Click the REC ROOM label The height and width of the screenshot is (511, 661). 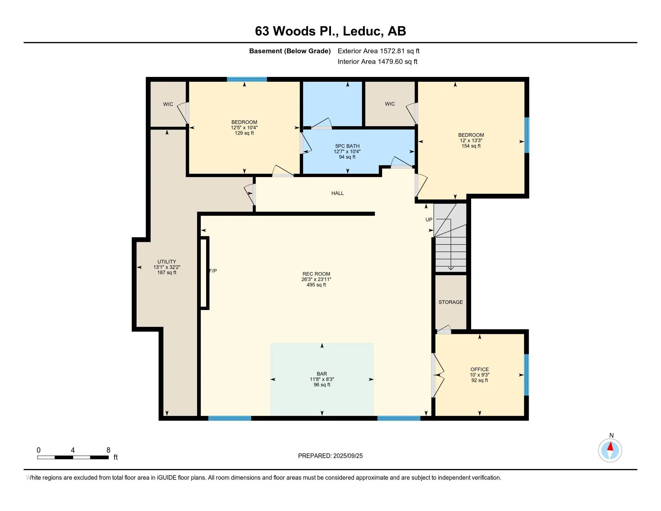(316, 274)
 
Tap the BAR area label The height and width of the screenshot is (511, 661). (322, 374)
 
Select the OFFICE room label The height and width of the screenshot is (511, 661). (480, 369)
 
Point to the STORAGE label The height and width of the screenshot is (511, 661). (451, 302)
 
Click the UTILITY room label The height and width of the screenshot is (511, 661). (166, 262)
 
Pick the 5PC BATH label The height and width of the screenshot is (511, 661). (347, 146)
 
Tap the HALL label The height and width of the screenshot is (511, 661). (337, 193)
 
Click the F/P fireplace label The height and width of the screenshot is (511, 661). (213, 271)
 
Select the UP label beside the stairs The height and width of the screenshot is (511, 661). (429, 219)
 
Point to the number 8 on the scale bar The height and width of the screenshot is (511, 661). (108, 450)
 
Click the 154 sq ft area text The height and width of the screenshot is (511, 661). (471, 146)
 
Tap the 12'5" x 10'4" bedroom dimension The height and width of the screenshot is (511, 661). (244, 128)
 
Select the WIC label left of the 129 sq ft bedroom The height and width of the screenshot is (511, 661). (168, 104)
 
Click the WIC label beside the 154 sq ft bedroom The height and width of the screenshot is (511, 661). (390, 104)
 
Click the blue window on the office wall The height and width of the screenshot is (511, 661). (526, 375)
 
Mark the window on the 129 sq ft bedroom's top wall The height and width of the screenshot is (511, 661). (247, 79)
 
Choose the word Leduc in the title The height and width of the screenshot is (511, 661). (362, 31)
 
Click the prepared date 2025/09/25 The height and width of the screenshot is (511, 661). (348, 456)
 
